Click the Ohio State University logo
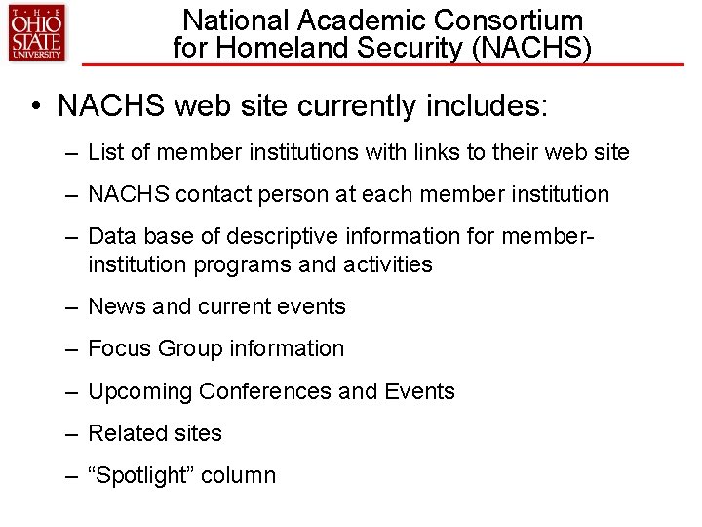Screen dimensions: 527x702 coord(36,32)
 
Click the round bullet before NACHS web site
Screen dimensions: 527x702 coord(36,106)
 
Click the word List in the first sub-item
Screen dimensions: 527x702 coord(104,152)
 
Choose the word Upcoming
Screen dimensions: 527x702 coord(139,391)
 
